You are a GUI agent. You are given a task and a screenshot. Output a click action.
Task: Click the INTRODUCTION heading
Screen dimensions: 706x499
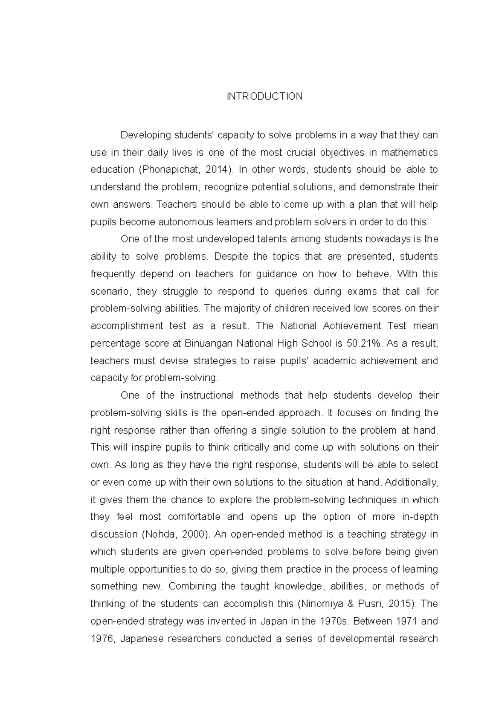click(264, 96)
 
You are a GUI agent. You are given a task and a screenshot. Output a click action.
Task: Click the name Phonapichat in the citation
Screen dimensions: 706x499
click(168, 170)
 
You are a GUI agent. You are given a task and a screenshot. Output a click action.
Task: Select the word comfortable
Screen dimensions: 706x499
click(194, 517)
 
